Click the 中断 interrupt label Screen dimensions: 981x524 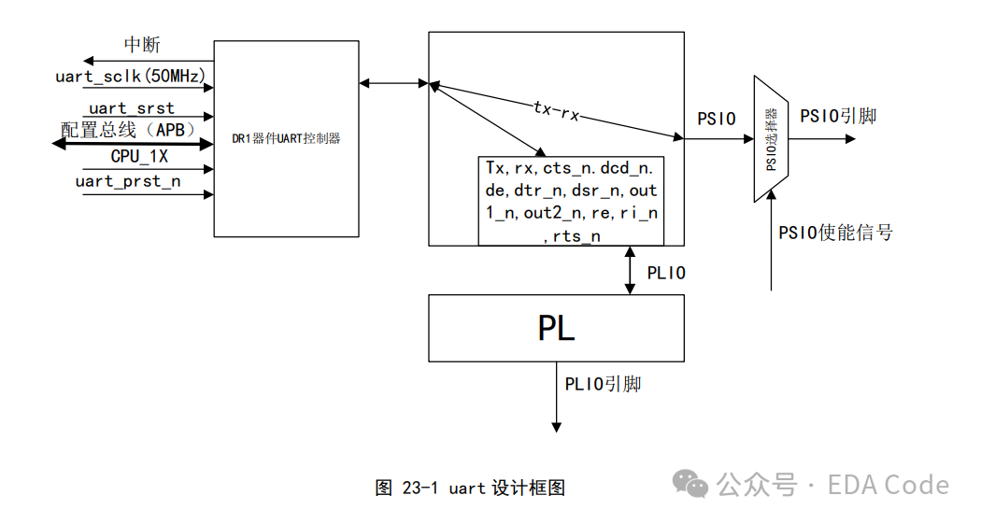tap(142, 45)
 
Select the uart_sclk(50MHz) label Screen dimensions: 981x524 tap(130, 77)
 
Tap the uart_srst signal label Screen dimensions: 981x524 tap(132, 108)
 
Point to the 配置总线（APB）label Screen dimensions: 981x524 tap(130, 130)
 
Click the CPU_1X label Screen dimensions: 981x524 tap(139, 156)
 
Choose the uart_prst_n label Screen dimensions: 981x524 tap(128, 181)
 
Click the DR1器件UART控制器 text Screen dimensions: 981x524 tap(286, 138)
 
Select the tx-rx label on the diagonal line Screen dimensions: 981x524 tap(556, 110)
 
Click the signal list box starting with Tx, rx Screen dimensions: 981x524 tap(571, 201)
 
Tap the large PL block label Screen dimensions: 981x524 tap(556, 328)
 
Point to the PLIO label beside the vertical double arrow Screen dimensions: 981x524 tap(666, 273)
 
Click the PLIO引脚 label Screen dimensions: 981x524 tap(603, 384)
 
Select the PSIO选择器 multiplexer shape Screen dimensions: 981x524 tap(771, 139)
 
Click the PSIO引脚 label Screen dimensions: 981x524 tap(838, 117)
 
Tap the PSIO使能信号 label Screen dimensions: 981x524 tap(835, 233)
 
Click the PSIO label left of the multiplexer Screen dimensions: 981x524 tap(717, 119)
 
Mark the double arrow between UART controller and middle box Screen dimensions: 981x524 tap(393, 83)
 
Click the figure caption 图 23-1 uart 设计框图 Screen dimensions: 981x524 tap(470, 488)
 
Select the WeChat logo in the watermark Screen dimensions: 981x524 tap(690, 484)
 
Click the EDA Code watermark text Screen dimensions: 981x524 tap(889, 485)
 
